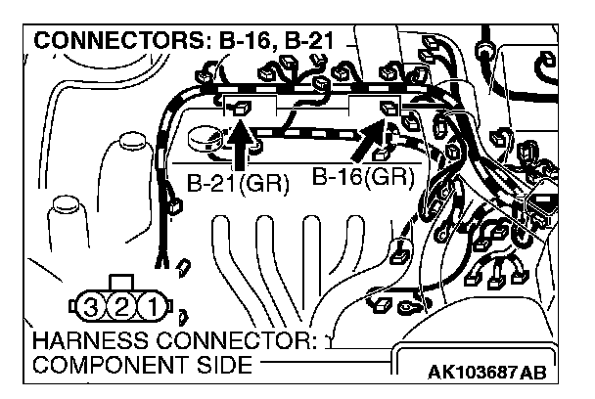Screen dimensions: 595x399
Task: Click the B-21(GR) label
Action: point(237,185)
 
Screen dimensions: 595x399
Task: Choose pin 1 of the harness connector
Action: point(151,310)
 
